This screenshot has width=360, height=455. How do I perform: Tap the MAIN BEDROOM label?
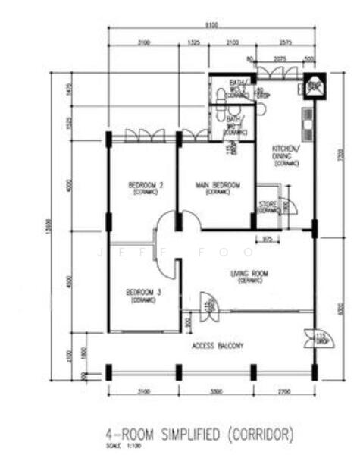pos(218,185)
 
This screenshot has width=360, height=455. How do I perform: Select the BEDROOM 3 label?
pos(144,292)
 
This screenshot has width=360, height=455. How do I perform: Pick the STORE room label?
pos(268,205)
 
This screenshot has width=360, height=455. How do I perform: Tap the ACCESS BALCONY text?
pos(218,346)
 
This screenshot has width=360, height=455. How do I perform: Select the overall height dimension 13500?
pos(49,225)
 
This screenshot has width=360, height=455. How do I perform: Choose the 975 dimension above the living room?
pos(267,240)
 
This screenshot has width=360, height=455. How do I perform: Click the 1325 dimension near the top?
pos(193,42)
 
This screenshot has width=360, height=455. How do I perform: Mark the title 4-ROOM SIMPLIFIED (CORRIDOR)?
pos(199,434)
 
